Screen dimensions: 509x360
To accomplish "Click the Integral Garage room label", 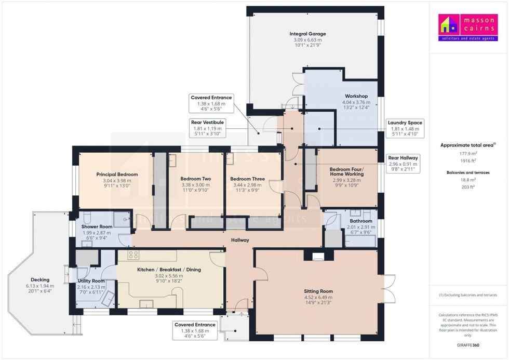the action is (307, 34).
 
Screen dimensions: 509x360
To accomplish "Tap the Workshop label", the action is (356, 96).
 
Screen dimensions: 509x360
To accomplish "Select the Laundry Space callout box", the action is (405, 128).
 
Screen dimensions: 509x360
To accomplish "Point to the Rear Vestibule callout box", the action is (207, 128).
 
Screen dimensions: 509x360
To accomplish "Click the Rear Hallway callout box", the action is (403, 164).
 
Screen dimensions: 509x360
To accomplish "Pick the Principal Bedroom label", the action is (117, 175).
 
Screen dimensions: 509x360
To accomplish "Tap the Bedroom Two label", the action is (195, 179).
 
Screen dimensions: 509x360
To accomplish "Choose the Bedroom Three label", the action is (247, 179).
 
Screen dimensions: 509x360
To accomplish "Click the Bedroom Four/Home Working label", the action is (347, 171).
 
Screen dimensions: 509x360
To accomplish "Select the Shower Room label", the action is (97, 226).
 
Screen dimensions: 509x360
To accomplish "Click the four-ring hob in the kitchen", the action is (133, 255).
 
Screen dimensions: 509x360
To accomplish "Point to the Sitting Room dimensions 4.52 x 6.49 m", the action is (318, 297).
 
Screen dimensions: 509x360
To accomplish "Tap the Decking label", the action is (40, 280).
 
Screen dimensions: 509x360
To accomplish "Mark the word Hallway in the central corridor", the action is (240, 240).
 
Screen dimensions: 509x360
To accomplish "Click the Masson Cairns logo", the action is (468, 27).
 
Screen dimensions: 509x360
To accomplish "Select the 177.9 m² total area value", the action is (468, 154).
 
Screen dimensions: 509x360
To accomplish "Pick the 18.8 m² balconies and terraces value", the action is (468, 180).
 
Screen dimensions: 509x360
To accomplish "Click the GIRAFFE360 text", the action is (468, 345).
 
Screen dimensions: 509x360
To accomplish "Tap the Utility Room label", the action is (91, 281).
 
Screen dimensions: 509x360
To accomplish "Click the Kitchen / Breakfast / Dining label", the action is (169, 270).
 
